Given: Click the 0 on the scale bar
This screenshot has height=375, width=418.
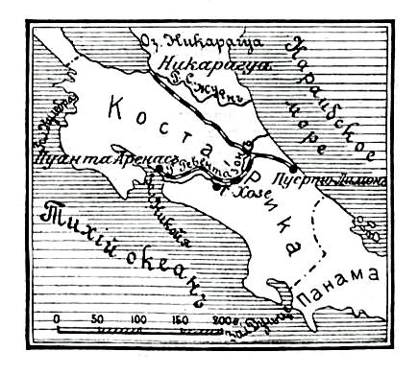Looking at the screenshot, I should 58,317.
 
